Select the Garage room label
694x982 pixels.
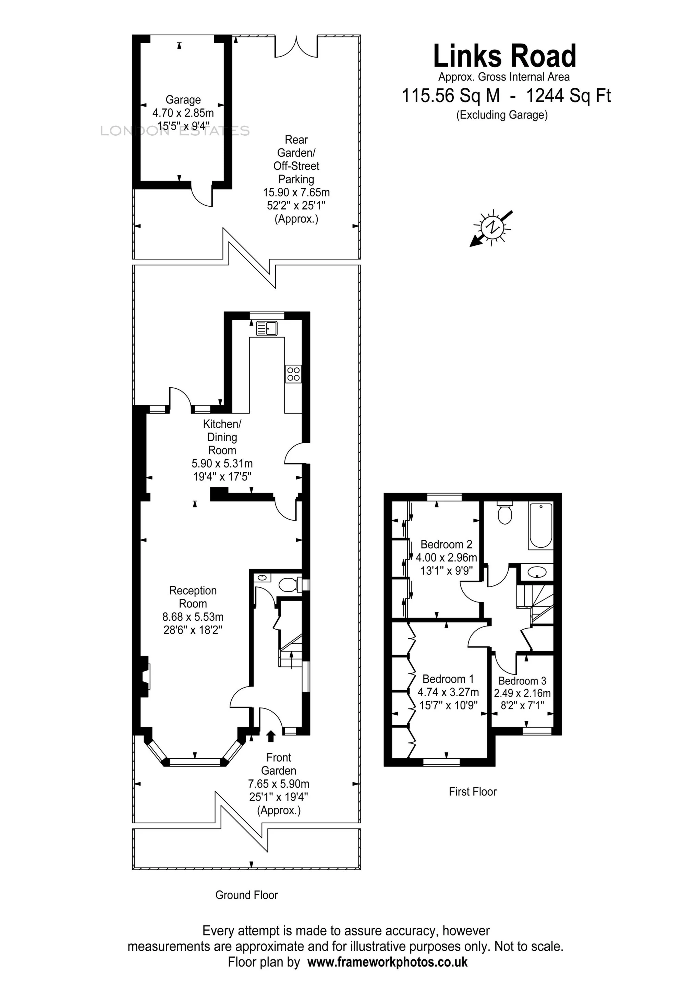(x=183, y=100)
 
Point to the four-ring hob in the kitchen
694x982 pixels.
(x=293, y=373)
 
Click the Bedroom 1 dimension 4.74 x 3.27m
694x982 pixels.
(x=448, y=692)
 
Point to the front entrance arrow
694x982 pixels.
(x=270, y=736)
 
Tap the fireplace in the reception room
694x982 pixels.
(x=145, y=677)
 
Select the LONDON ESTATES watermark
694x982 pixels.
(x=174, y=131)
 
